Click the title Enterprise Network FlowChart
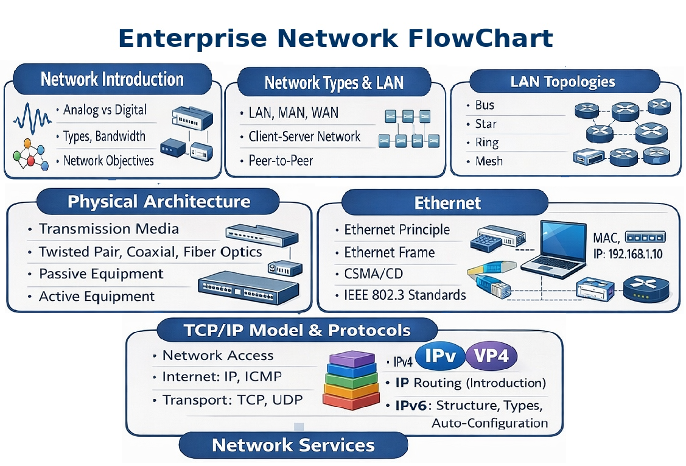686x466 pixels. coord(335,38)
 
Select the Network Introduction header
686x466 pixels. coord(112,79)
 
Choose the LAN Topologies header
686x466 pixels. coord(563,82)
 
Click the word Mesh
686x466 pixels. coord(489,161)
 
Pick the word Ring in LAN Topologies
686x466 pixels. coord(486,143)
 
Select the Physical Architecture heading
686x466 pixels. coord(159,202)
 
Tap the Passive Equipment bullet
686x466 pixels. coord(101,274)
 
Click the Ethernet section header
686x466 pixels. coord(447,203)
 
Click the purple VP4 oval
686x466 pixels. coord(491,356)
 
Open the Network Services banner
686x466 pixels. coord(293,445)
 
